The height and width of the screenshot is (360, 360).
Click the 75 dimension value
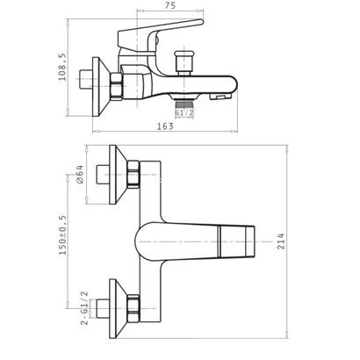[170, 5]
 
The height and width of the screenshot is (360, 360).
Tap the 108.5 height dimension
[62, 68]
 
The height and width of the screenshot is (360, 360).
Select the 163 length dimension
[165, 126]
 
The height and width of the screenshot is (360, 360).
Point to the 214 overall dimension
[281, 241]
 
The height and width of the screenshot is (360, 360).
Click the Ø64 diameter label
[80, 175]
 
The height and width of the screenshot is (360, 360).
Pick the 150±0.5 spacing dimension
[63, 235]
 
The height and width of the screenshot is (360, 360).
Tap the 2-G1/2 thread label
[84, 308]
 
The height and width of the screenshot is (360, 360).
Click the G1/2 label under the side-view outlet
[184, 112]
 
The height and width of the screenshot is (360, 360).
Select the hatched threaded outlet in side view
[184, 104]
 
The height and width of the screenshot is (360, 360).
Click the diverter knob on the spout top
[184, 62]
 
